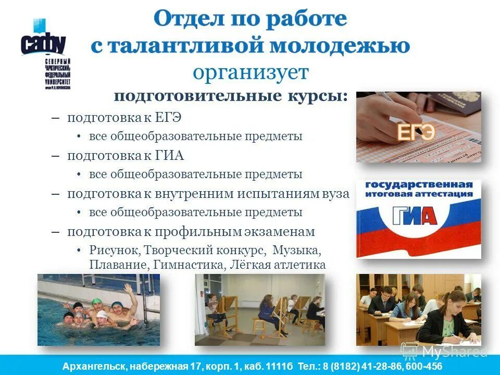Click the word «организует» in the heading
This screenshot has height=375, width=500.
click(251, 72)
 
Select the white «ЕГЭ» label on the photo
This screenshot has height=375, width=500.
click(416, 132)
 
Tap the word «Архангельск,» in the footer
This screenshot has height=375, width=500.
click(95, 367)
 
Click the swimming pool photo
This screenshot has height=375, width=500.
click(98, 309)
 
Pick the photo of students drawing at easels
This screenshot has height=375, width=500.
click(259, 309)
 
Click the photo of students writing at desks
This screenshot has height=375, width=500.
click(419, 309)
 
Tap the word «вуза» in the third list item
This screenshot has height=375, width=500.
click(335, 193)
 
